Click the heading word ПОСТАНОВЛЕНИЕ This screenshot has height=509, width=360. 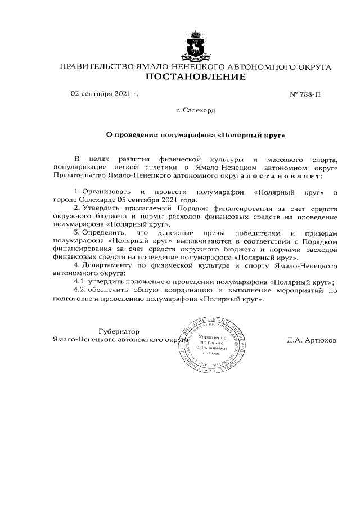(195, 78)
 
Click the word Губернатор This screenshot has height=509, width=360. (118, 331)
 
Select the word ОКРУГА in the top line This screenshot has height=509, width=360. (312, 67)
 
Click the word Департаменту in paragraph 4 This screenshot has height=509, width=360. (107, 264)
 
